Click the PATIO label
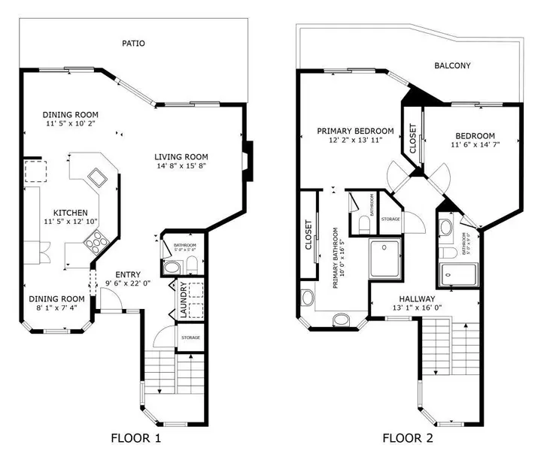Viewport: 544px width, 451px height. [134, 44]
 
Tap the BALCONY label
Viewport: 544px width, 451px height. [453, 66]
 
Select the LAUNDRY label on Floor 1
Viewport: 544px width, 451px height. [182, 301]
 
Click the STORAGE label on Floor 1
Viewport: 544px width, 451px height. [190, 337]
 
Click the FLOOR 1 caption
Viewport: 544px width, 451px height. [135, 437]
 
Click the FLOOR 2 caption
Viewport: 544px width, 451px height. [407, 437]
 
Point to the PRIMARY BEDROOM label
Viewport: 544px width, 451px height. [355, 130]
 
